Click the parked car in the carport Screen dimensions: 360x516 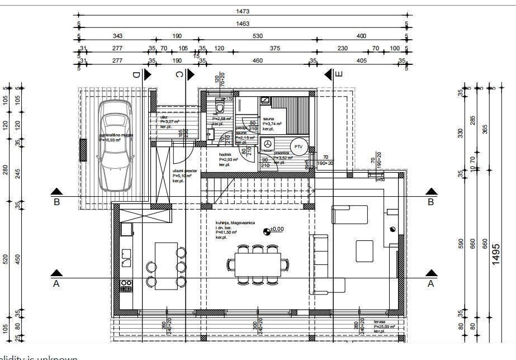click(x=115, y=145)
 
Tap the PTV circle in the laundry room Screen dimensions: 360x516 click(x=299, y=146)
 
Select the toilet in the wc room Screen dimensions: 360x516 click(x=220, y=106)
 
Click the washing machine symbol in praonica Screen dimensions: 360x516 click(x=268, y=144)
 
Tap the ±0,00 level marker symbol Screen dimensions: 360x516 click(x=266, y=229)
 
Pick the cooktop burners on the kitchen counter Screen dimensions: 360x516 click(x=126, y=286)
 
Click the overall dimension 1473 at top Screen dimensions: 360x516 click(x=243, y=11)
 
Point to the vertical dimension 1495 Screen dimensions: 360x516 click(x=496, y=254)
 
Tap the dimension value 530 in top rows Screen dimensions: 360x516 click(x=257, y=36)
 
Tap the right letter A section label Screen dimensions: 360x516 click(x=430, y=283)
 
